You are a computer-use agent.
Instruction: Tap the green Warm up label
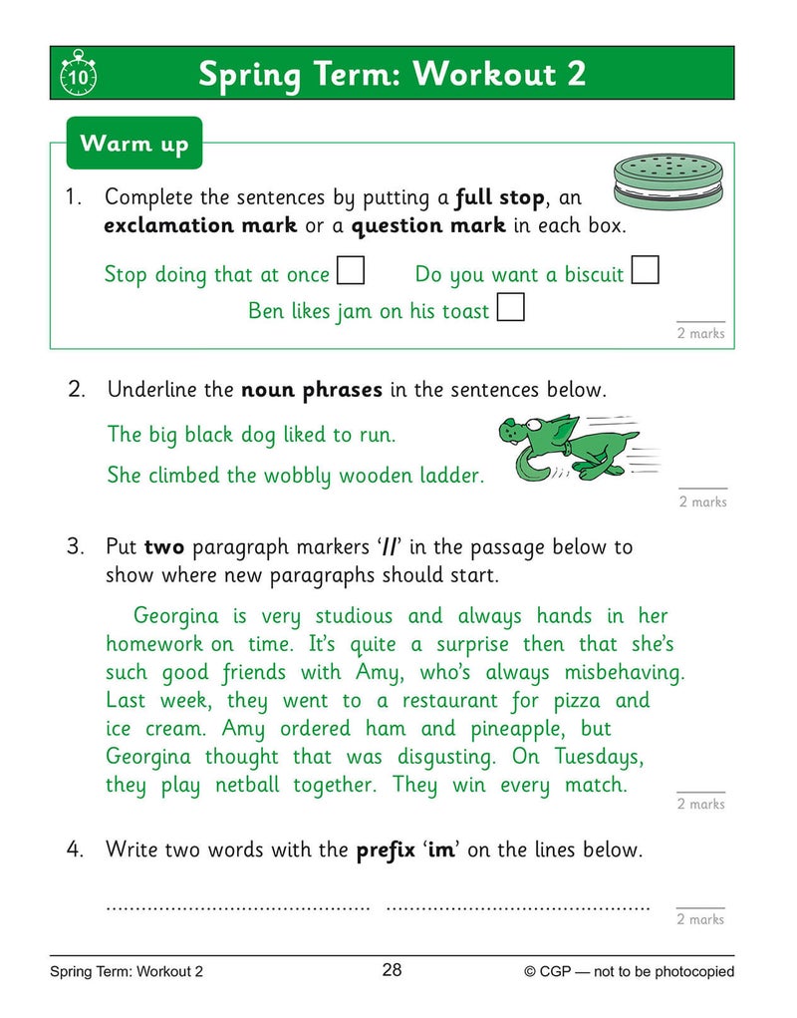(x=133, y=144)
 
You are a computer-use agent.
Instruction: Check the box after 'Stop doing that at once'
(x=350, y=271)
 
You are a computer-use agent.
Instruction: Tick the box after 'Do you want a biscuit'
(x=646, y=271)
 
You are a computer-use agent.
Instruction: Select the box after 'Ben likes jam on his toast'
(x=510, y=308)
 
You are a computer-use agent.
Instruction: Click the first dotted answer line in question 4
(x=238, y=907)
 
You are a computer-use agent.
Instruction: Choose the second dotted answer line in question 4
(x=517, y=907)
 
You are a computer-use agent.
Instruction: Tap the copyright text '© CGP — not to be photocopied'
(x=629, y=971)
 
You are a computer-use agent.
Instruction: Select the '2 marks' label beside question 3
(x=700, y=804)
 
